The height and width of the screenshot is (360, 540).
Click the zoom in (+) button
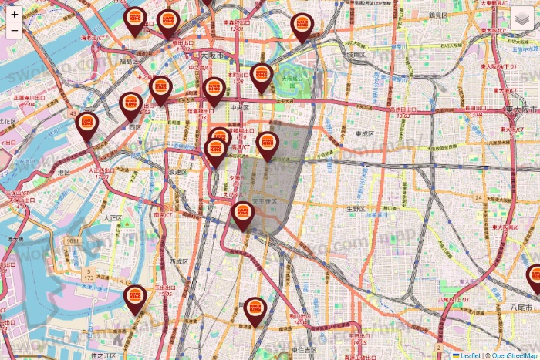point(15,14)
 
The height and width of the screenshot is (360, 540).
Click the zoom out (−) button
point(15,31)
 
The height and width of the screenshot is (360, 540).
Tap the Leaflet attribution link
point(468,355)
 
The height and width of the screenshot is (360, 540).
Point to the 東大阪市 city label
point(520,111)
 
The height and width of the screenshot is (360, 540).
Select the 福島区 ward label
point(129,60)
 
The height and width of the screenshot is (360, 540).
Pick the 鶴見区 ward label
point(437,15)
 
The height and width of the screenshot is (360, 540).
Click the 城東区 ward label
point(355,55)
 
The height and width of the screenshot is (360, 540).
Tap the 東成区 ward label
point(364,134)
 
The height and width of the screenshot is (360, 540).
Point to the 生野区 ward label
point(355,208)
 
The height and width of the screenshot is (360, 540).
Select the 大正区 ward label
point(113,218)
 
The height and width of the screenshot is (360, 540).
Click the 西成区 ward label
point(179,261)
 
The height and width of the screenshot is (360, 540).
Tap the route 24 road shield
point(478,198)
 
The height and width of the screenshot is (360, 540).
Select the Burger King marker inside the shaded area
point(268,144)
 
